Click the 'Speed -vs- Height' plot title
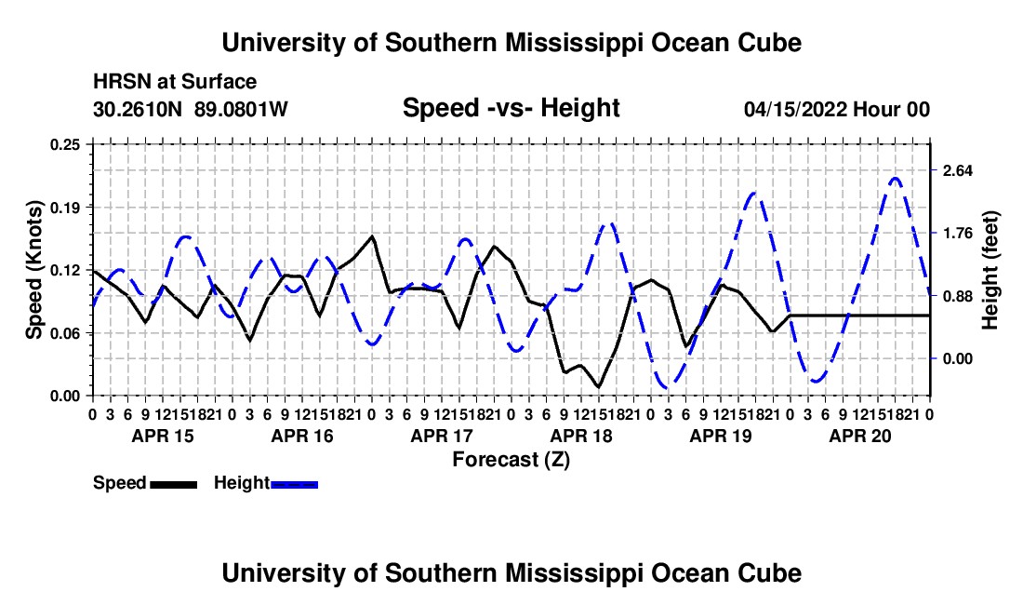tap(511, 108)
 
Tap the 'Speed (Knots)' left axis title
tap(33, 270)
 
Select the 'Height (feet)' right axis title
tap(990, 270)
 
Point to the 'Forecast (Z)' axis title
tap(511, 460)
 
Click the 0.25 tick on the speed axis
tap(65, 144)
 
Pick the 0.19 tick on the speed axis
tap(65, 208)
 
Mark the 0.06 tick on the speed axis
tap(65, 333)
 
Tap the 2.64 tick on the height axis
tap(957, 171)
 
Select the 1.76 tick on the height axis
tap(957, 234)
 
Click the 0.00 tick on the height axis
tap(957, 359)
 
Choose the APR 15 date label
tap(163, 436)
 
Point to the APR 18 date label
tap(581, 436)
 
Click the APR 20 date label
tap(860, 436)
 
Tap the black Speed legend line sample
tap(174, 484)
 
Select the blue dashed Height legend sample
tap(294, 484)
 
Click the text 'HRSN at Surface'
tap(175, 82)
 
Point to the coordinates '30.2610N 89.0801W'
tap(190, 109)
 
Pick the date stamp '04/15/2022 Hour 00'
tap(837, 109)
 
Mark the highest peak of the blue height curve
tap(895, 178)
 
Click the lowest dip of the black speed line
tap(598, 387)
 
